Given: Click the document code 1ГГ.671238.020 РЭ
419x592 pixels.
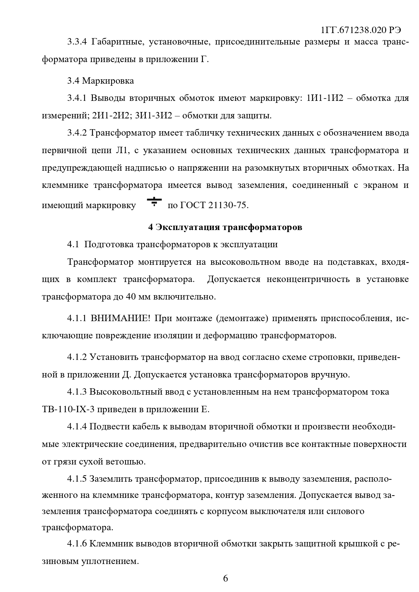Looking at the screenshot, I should pyautogui.click(x=361, y=30).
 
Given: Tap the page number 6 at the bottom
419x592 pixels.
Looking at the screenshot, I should pyautogui.click(x=226, y=579).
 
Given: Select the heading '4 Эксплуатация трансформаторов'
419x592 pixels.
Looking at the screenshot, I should pyautogui.click(x=225, y=227).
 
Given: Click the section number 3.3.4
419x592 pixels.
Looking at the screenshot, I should pyautogui.click(x=77, y=43).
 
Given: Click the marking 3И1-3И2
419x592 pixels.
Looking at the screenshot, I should pyautogui.click(x=154, y=116).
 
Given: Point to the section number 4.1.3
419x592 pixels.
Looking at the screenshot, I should pyautogui.click(x=77, y=392).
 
